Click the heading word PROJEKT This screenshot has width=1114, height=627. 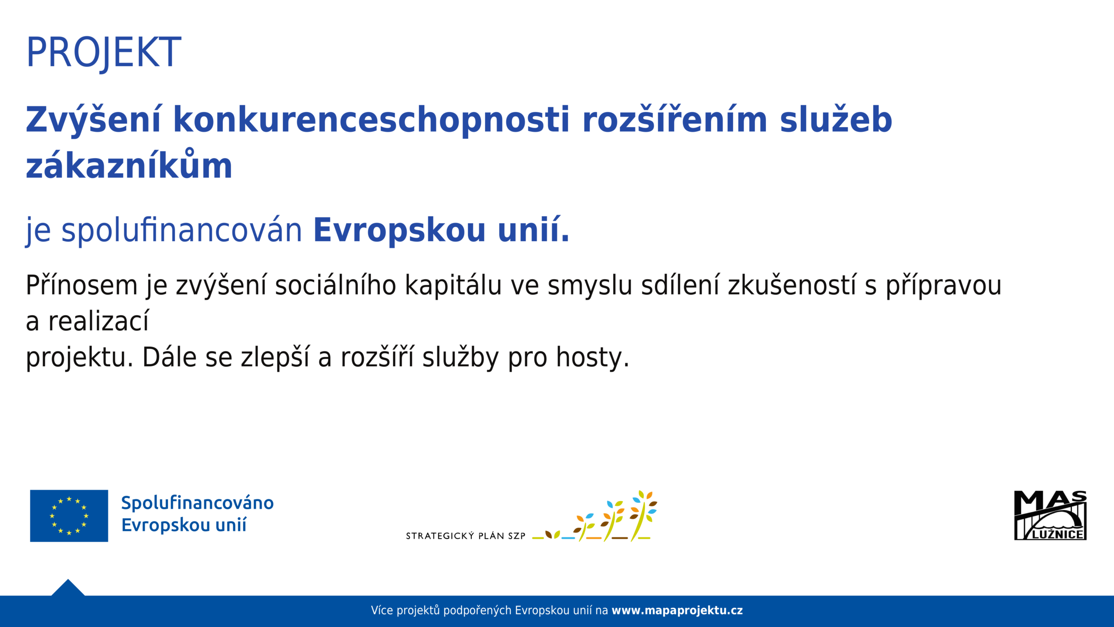click(104, 53)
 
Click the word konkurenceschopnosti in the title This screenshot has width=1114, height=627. click(371, 120)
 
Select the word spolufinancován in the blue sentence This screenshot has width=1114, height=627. click(181, 231)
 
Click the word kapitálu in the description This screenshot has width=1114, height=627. click(453, 286)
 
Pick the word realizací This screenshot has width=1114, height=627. click(98, 321)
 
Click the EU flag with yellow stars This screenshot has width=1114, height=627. click(69, 516)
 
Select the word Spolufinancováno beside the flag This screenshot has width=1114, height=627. click(198, 503)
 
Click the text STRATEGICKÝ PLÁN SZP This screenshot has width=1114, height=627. click(466, 536)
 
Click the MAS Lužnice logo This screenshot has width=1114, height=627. click(1050, 516)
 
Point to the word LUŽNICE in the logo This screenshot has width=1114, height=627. click(1057, 534)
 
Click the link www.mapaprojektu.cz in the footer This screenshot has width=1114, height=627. click(677, 610)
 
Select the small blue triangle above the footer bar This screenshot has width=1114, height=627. click(68, 588)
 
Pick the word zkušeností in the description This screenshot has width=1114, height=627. click(792, 286)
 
